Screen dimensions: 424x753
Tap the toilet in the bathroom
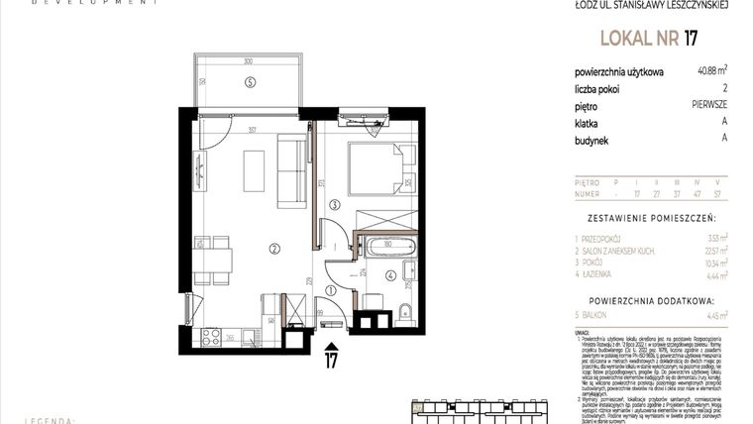click(x=404, y=313)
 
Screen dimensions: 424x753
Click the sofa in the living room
click(x=291, y=172)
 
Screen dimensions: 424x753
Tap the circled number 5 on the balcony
click(x=251, y=80)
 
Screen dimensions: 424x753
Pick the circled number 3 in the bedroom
click(x=335, y=205)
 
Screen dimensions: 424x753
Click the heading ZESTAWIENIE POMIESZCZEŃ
click(x=650, y=217)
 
